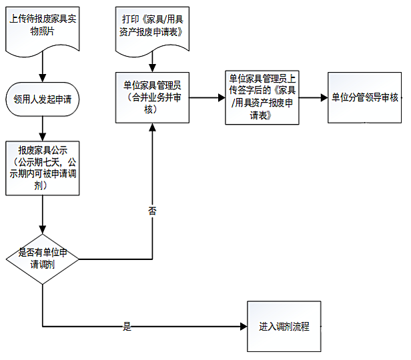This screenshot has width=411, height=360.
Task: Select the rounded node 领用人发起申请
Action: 43,99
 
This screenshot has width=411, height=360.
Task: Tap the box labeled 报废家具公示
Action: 43,167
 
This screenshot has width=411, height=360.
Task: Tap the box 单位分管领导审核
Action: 364,97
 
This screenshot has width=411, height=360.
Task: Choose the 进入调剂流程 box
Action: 284,327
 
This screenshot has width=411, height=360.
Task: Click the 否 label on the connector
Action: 151,211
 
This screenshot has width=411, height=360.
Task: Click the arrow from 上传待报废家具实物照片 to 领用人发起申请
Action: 43,67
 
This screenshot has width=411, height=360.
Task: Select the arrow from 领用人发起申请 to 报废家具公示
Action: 43,128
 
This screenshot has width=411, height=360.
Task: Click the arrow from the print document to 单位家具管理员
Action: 153,62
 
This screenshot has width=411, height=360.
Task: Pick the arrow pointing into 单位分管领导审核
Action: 314,97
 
